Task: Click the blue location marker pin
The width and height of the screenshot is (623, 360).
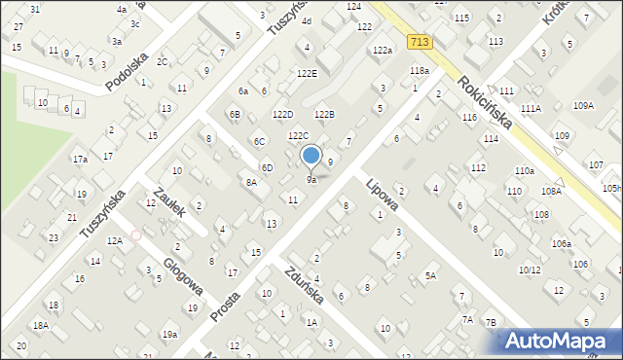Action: click(x=311, y=156)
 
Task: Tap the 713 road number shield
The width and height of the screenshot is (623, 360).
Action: click(x=420, y=42)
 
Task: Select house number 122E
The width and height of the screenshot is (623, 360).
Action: click(x=307, y=73)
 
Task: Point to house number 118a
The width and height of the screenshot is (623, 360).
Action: click(x=420, y=71)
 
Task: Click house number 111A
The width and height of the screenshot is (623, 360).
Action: click(x=531, y=109)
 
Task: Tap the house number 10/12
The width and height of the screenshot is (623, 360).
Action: click(x=530, y=270)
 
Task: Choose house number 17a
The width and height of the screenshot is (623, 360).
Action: click(x=80, y=159)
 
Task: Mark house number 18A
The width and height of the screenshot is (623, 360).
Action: click(x=40, y=326)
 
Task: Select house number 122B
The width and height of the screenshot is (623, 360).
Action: click(x=324, y=115)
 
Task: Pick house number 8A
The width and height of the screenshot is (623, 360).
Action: click(x=251, y=182)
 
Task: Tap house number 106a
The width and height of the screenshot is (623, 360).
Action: click(x=561, y=243)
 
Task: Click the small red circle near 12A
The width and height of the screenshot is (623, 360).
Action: click(x=136, y=234)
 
